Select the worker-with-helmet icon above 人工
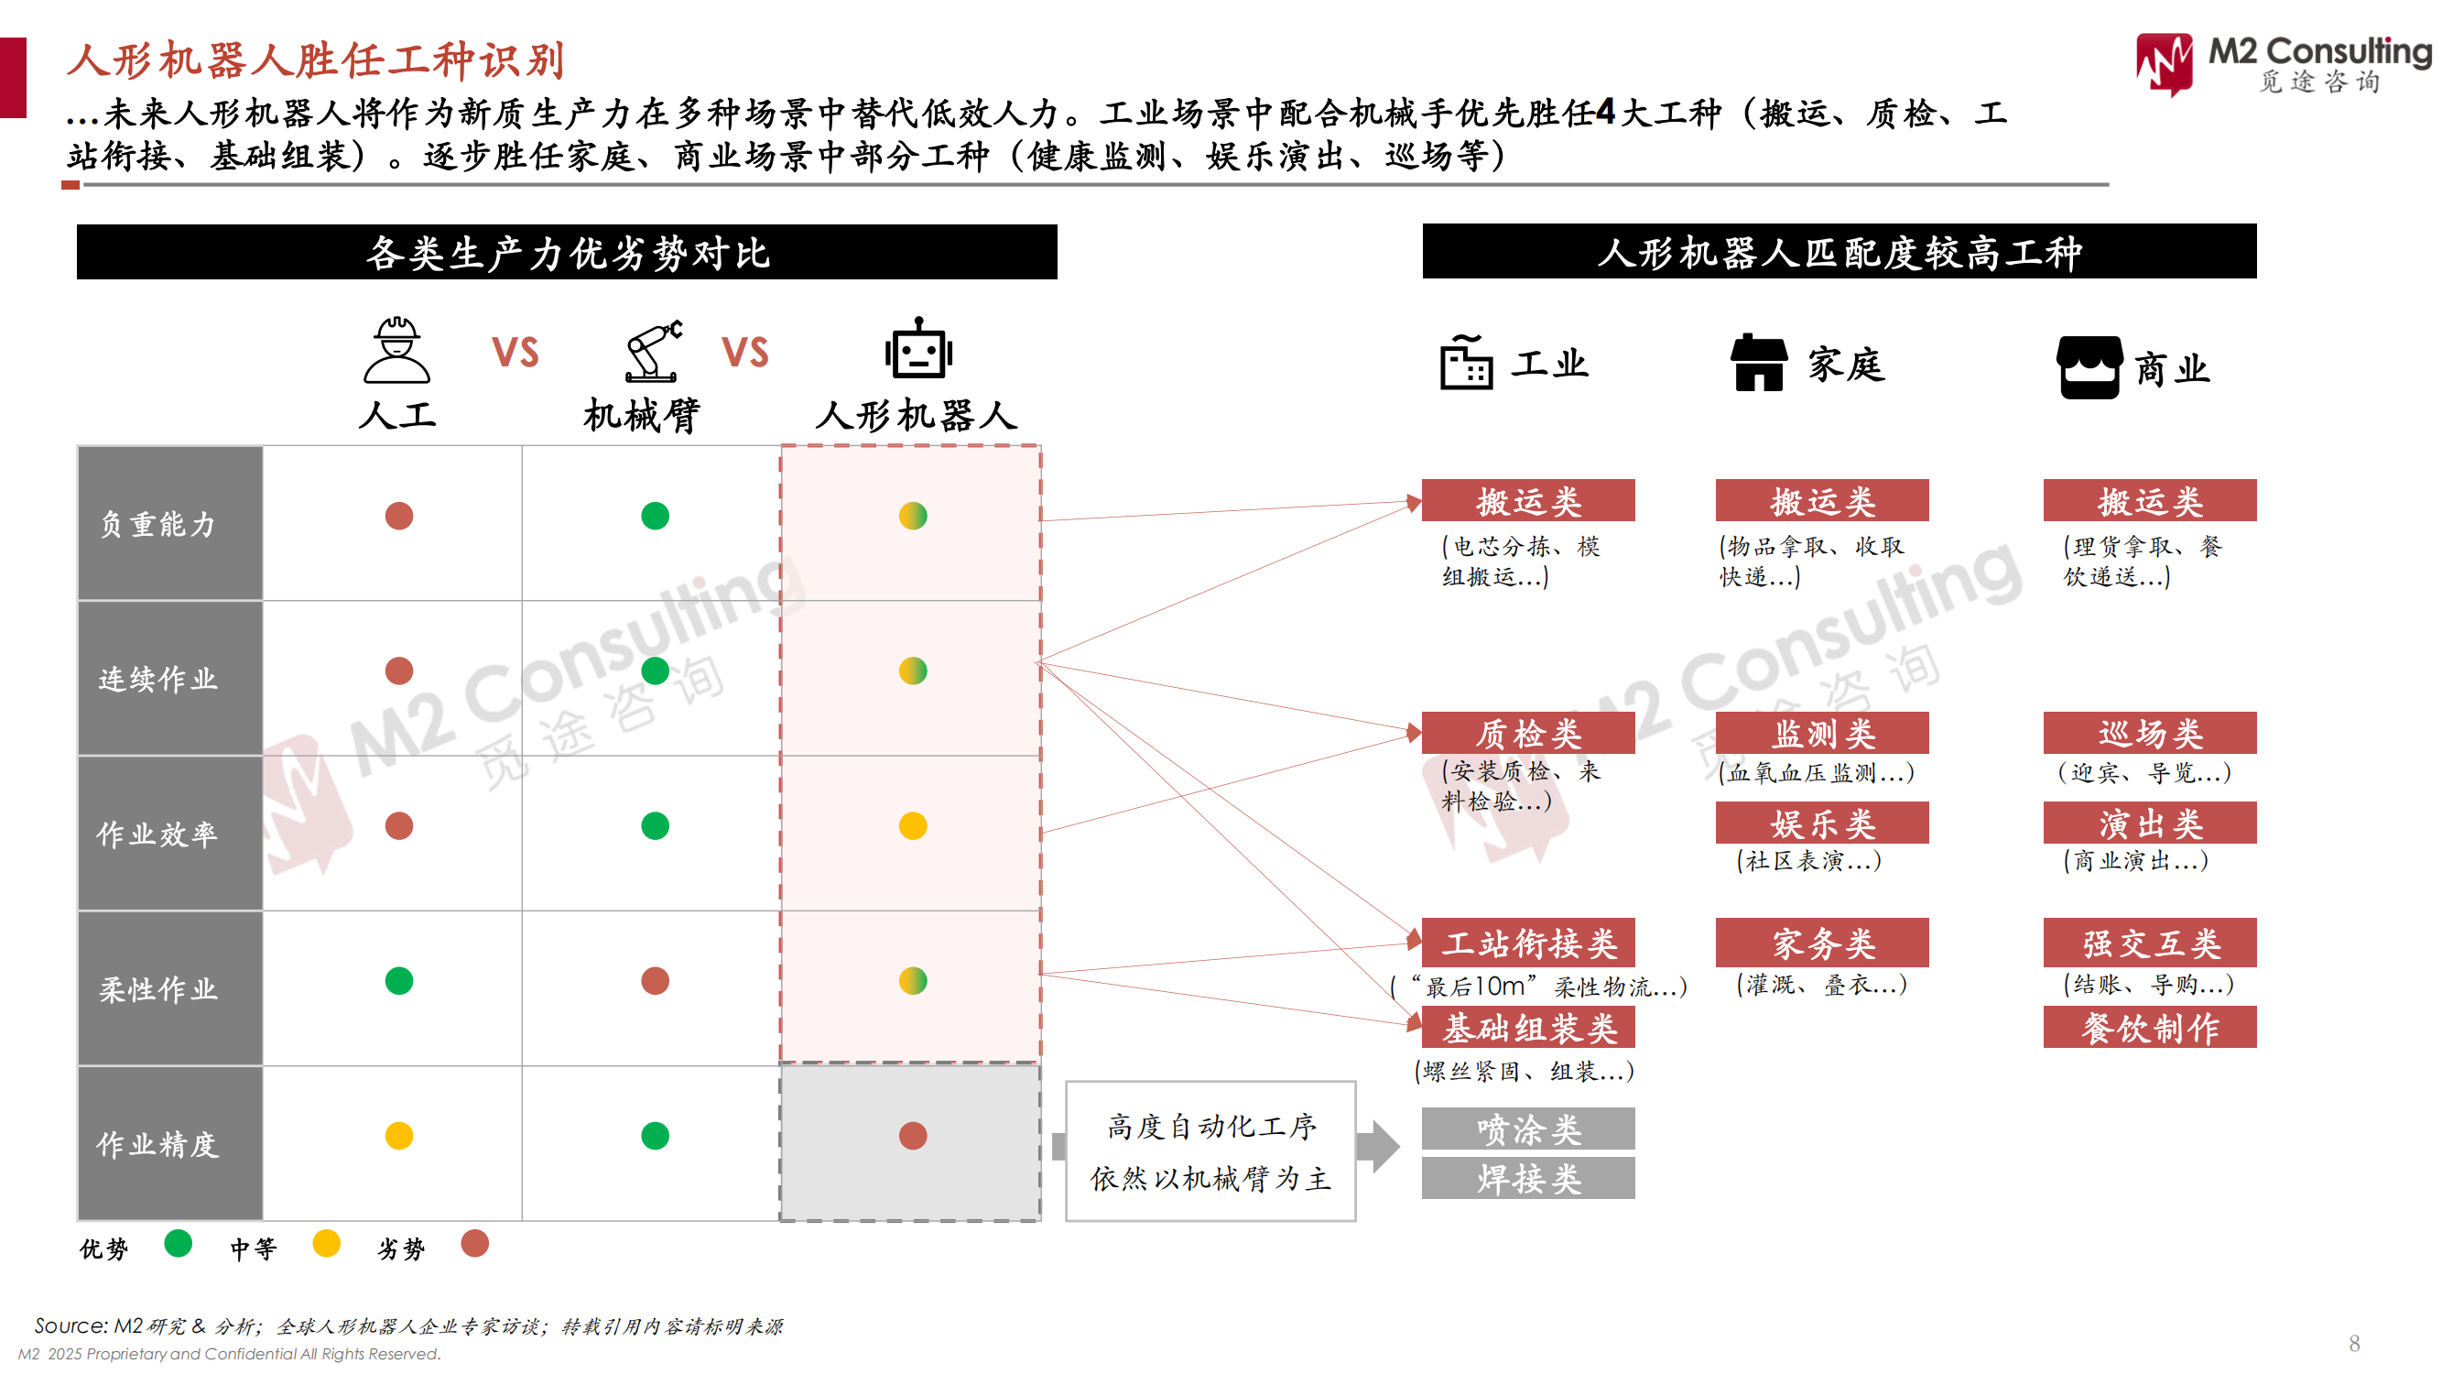point(397,350)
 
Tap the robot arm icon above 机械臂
point(653,350)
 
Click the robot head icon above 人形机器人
point(917,349)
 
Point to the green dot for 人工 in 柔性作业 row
point(399,980)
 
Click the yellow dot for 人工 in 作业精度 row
point(399,1135)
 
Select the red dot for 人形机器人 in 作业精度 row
point(913,1135)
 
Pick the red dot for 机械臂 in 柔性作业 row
point(655,980)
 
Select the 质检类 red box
point(1527,733)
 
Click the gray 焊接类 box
point(1527,1178)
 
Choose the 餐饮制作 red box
point(2149,1028)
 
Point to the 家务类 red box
point(1821,943)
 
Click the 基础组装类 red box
point(1527,1028)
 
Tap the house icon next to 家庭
point(1759,362)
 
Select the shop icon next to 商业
point(2089,367)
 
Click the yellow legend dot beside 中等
point(326,1243)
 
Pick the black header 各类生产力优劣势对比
point(567,252)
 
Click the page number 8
point(2355,1343)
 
